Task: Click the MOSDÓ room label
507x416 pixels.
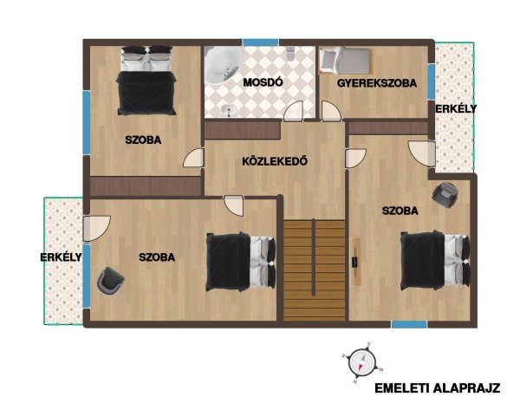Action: pyautogui.click(x=263, y=82)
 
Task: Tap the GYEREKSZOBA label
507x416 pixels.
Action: pyautogui.click(x=377, y=83)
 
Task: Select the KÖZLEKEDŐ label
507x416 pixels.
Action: pyautogui.click(x=275, y=161)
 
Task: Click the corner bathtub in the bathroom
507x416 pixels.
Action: pyautogui.click(x=223, y=65)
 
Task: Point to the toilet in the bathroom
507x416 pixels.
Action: pyautogui.click(x=290, y=54)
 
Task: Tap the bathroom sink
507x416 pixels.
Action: pyautogui.click(x=230, y=111)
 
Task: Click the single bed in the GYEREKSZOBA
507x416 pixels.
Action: pyautogui.click(x=345, y=61)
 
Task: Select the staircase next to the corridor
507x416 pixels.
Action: pyautogui.click(x=315, y=270)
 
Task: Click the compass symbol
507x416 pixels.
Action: pyautogui.click(x=362, y=362)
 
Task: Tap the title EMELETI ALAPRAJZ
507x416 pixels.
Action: pyautogui.click(x=437, y=388)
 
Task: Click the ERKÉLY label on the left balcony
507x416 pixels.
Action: pyautogui.click(x=61, y=257)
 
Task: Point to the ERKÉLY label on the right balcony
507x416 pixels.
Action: pyautogui.click(x=456, y=109)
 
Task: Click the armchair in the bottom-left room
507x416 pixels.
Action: pyautogui.click(x=110, y=280)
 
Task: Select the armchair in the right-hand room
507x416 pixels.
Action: pyautogui.click(x=445, y=195)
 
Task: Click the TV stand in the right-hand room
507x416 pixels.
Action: pyautogui.click(x=356, y=262)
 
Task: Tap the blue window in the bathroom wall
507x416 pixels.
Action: pyautogui.click(x=260, y=42)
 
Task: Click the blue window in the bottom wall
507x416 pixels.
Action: pyautogui.click(x=409, y=324)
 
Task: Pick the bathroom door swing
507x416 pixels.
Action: pyautogui.click(x=294, y=111)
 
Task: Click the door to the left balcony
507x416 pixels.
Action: pyautogui.click(x=97, y=228)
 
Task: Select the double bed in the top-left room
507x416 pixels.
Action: pyautogui.click(x=146, y=81)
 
